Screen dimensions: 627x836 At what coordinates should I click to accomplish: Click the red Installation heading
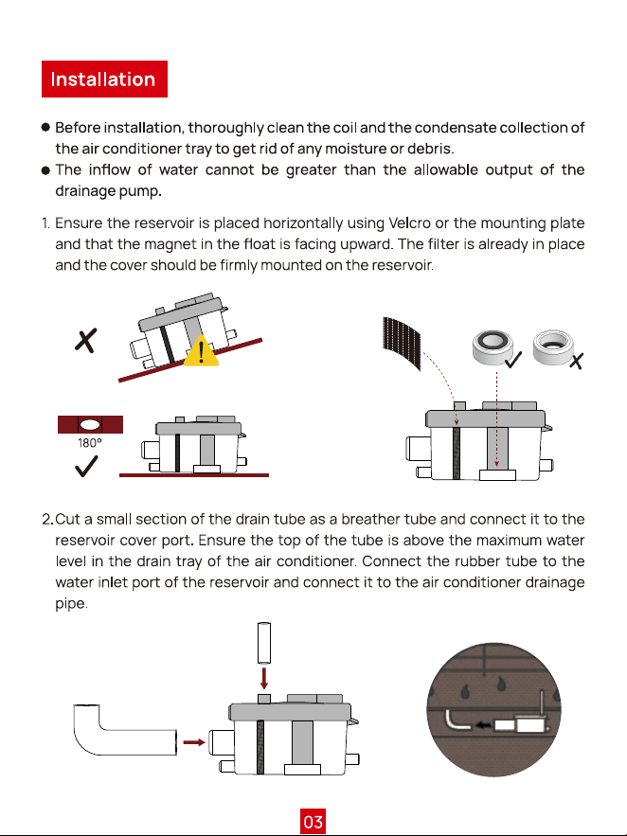[104, 79]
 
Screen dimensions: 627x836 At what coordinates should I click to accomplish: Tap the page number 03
[313, 821]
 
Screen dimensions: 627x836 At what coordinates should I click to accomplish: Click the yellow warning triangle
[201, 351]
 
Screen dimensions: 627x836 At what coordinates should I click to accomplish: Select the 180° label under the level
[90, 443]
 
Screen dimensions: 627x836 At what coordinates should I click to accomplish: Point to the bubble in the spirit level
[90, 424]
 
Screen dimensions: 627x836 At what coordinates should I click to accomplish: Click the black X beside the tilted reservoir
[86, 340]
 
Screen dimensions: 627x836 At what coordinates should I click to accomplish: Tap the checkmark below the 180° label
[86, 466]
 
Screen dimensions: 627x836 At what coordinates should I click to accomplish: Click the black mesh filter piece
[402, 343]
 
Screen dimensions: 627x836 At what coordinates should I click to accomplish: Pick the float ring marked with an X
[553, 347]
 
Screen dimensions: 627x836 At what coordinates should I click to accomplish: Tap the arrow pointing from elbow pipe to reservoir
[194, 742]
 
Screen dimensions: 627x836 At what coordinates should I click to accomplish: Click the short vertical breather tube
[264, 643]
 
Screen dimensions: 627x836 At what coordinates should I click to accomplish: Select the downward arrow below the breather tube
[264, 678]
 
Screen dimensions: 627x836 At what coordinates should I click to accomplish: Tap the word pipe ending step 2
[71, 604]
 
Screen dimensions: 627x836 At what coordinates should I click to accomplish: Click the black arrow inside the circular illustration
[483, 725]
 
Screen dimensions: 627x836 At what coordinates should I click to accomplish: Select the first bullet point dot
[45, 128]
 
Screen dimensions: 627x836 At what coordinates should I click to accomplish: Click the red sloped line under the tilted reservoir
[190, 361]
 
